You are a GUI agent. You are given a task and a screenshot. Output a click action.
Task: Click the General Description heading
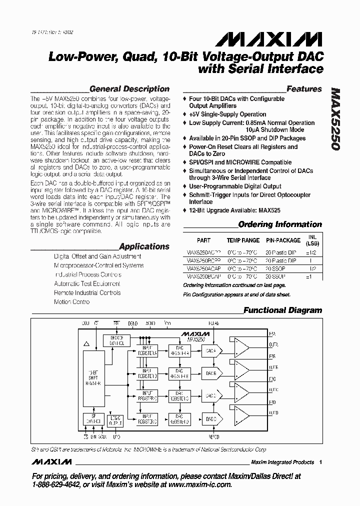pos(129,89)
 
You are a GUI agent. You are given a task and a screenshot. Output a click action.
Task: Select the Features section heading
pos(304,89)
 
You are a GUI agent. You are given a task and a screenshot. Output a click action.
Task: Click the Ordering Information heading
pos(280,224)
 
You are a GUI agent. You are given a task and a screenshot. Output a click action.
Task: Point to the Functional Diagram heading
pos(282,310)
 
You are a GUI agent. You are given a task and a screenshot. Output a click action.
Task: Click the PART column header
pos(203,240)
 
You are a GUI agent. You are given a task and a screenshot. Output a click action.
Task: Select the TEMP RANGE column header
pos(243,240)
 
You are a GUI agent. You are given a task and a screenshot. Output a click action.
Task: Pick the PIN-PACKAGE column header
pos(282,240)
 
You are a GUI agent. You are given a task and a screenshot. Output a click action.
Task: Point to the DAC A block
pos(211,351)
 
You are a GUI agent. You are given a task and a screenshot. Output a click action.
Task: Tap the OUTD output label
pos(273,412)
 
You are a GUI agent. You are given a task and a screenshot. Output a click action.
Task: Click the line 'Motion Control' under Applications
pos(72,302)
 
